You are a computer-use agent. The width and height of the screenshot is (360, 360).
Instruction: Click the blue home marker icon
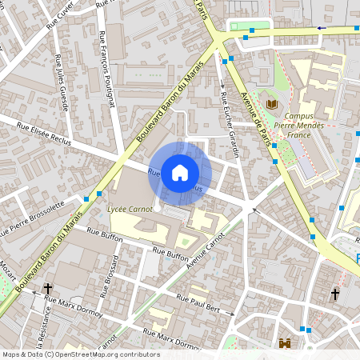tap(180, 173)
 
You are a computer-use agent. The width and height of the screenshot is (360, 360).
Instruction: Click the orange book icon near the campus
tap(272, 104)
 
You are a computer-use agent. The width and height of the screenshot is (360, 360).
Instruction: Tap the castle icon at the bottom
tap(284, 343)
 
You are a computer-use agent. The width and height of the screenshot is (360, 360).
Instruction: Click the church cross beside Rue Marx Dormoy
tap(48, 289)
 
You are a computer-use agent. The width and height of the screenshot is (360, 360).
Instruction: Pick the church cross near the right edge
tap(334, 296)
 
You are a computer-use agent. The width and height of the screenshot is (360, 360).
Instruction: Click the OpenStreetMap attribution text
tap(80, 354)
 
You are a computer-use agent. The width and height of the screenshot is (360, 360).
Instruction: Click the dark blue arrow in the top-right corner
tap(322, 28)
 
